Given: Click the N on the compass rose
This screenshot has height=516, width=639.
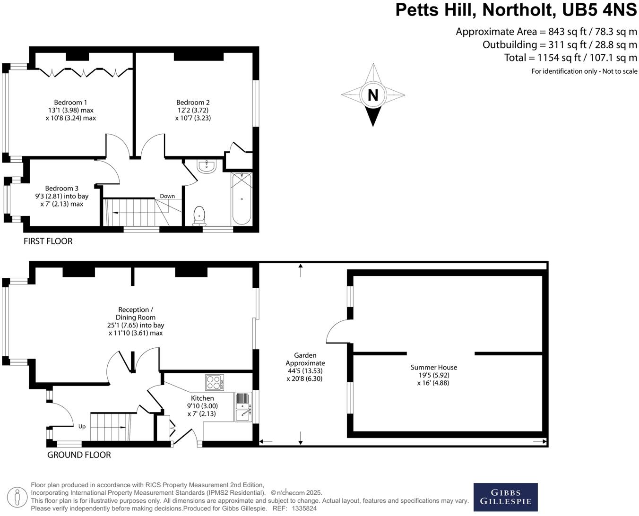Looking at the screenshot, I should pyautogui.click(x=373, y=95).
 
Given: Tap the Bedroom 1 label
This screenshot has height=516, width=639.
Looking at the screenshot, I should pyautogui.click(x=70, y=103).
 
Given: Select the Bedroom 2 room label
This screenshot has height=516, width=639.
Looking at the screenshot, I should pyautogui.click(x=193, y=103).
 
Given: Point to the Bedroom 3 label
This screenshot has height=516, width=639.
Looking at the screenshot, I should pyautogui.click(x=62, y=189).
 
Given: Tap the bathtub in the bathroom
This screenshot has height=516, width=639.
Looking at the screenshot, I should pyautogui.click(x=242, y=199).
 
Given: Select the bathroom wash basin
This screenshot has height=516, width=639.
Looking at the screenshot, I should pyautogui.click(x=206, y=166).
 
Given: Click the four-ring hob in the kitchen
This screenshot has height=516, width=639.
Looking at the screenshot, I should pyautogui.click(x=215, y=382).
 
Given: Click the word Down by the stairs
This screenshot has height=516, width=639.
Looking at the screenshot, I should pyautogui.click(x=167, y=196).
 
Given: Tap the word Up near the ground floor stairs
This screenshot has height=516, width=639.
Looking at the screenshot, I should pyautogui.click(x=82, y=427).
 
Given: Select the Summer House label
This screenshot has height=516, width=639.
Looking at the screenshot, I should pyautogui.click(x=433, y=367).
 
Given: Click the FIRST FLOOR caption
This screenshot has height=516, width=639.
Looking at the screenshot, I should pyautogui.click(x=48, y=241).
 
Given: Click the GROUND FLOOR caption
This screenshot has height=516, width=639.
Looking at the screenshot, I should pyautogui.click(x=79, y=455).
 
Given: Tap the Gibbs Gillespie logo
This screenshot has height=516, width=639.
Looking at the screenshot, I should pyautogui.click(x=505, y=497).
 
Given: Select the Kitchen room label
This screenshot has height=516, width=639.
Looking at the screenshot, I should pyautogui.click(x=202, y=398).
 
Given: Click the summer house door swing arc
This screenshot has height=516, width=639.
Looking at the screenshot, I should pyautogui.click(x=337, y=331).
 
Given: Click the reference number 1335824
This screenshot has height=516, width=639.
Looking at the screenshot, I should pyautogui.click(x=304, y=508).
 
